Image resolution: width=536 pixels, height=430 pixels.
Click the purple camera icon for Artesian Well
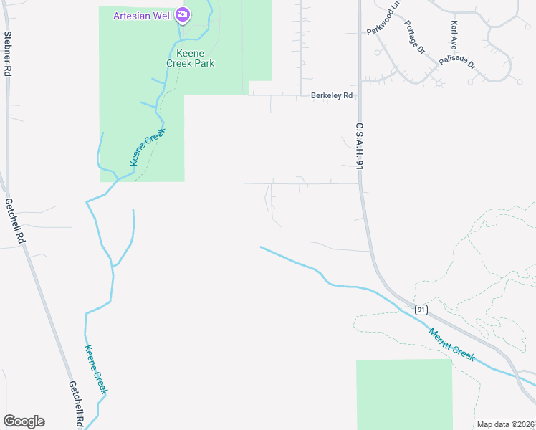point(183,14)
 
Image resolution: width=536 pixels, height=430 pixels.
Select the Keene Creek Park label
point(191,58)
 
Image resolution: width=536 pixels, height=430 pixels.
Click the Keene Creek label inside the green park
point(148,147)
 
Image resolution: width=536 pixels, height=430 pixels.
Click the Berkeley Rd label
point(332,95)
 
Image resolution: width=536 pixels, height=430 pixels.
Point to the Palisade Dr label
point(457,62)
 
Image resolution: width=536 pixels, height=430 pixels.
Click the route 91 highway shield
point(421,310)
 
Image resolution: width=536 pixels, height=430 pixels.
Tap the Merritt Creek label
point(451,344)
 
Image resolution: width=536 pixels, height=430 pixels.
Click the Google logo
point(24,421)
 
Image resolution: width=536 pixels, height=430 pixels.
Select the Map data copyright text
point(506,424)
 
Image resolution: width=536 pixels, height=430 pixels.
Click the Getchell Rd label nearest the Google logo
point(77,403)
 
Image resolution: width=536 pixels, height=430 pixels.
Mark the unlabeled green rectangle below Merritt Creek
point(404,394)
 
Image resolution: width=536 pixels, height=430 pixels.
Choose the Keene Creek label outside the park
point(96,369)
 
